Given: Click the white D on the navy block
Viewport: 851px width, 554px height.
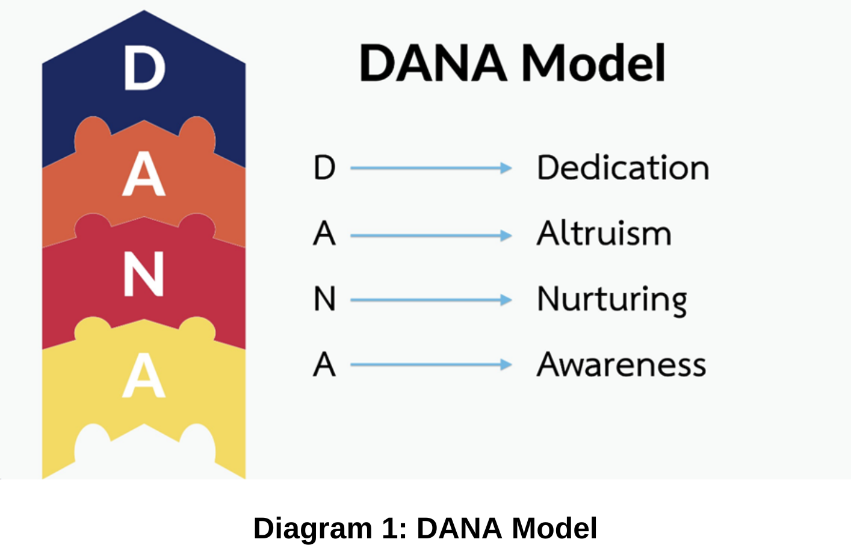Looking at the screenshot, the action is [144, 67].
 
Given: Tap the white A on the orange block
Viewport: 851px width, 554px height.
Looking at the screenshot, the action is [144, 174].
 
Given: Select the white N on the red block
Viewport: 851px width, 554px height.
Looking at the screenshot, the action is [144, 274].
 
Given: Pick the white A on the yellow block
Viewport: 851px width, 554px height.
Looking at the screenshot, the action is [144, 375].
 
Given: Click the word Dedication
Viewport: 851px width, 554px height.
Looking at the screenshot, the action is [623, 167].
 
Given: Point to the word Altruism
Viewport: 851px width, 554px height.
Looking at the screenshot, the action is [604, 232].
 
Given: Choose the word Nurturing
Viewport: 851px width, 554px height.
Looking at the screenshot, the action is [612, 300].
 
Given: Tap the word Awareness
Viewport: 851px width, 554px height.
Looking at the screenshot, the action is [622, 364].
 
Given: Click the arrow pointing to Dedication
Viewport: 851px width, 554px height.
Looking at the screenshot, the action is [431, 167].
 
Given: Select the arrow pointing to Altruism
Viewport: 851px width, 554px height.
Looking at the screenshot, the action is [431, 235].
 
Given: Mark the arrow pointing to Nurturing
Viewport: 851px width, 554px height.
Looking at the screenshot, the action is [431, 300].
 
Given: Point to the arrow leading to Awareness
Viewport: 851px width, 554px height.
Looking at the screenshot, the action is [431, 365].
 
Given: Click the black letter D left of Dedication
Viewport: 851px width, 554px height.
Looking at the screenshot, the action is [324, 167].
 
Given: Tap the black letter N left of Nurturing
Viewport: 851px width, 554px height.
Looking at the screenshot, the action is [324, 299].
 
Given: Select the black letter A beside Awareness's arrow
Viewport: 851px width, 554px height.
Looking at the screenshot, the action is [324, 364].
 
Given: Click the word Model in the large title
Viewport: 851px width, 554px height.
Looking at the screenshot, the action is [593, 63].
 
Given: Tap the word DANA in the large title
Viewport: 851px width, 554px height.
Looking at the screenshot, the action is [433, 63].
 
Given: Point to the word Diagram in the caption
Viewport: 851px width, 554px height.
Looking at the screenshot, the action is [313, 529].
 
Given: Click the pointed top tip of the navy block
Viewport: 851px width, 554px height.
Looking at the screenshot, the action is [144, 11].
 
